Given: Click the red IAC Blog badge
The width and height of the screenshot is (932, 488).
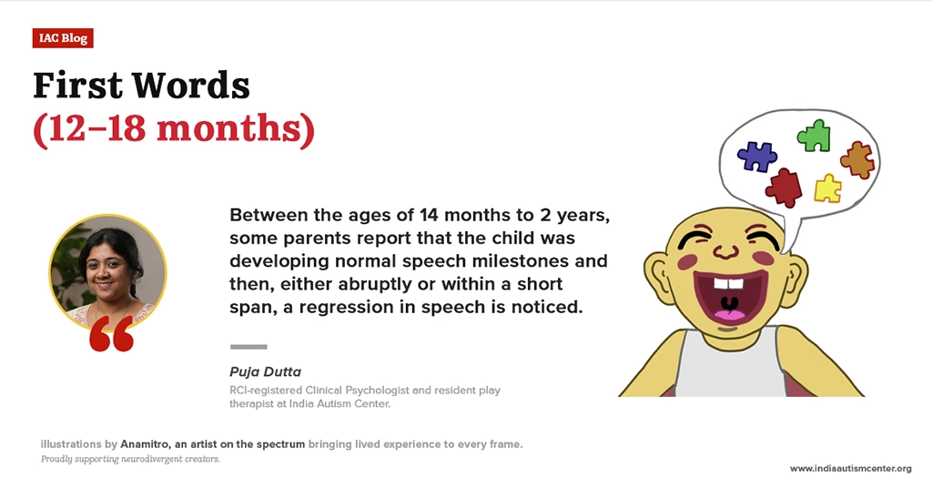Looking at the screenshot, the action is (63, 38).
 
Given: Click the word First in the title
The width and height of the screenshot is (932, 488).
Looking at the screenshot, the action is (77, 85).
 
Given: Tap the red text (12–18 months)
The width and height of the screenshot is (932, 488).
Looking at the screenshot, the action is (174, 128).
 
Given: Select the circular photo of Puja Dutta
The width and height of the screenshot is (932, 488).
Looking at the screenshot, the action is (107, 272).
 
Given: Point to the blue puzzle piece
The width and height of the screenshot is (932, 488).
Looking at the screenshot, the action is (756, 157).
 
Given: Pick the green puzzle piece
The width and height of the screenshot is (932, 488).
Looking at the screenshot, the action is (814, 136).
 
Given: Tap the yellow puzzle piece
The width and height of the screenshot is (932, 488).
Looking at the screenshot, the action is (827, 188).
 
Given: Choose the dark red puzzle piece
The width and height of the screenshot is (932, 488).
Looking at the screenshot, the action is (784, 188).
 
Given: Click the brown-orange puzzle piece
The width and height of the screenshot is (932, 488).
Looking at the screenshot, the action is (857, 159).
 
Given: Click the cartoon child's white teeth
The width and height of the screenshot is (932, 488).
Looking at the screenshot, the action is (728, 283).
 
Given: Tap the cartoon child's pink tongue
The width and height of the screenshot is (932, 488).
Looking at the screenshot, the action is (729, 312).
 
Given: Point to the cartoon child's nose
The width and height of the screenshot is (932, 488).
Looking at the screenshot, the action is (725, 251).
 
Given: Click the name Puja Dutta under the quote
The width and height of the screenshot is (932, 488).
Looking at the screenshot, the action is (265, 371).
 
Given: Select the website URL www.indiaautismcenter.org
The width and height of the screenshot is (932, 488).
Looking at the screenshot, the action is (851, 468).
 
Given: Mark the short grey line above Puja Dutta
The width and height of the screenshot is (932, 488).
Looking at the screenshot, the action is (248, 347).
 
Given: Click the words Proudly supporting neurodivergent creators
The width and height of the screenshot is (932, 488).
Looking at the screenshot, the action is (130, 459).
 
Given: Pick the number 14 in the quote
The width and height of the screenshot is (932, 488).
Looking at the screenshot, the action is (430, 215).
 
